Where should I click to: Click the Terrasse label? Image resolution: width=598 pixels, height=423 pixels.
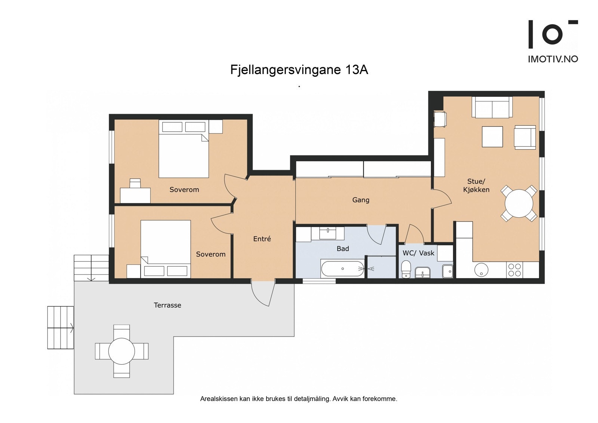click(x=167, y=305)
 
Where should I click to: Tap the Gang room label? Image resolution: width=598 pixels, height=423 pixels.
click(x=361, y=200)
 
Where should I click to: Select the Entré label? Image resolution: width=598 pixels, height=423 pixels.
click(x=262, y=239)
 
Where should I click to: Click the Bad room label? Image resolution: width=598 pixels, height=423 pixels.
click(x=343, y=249)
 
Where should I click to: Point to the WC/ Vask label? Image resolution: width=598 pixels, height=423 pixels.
click(x=418, y=253)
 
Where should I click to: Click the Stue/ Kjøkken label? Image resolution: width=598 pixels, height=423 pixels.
click(x=476, y=186)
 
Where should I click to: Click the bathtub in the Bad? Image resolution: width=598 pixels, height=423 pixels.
click(x=342, y=269)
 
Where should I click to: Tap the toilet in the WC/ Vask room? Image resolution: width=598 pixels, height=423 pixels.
click(x=406, y=269)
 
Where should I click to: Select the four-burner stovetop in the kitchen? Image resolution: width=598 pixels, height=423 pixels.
click(x=515, y=270)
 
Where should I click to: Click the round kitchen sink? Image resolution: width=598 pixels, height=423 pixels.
click(x=481, y=270)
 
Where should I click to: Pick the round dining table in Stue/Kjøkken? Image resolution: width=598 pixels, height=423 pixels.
click(x=519, y=203)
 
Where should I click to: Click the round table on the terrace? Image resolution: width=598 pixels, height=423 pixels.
click(x=121, y=351)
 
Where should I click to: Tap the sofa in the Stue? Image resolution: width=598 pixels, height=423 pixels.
click(x=492, y=107)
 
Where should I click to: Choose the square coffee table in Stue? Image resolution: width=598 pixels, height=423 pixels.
click(x=492, y=137)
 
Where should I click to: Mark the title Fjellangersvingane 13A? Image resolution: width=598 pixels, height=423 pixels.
click(x=299, y=70)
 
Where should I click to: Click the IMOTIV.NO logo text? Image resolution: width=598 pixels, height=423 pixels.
click(x=553, y=59)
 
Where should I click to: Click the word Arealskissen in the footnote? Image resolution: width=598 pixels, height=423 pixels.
click(x=219, y=399)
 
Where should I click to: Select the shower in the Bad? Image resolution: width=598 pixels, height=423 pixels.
click(x=381, y=268)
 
